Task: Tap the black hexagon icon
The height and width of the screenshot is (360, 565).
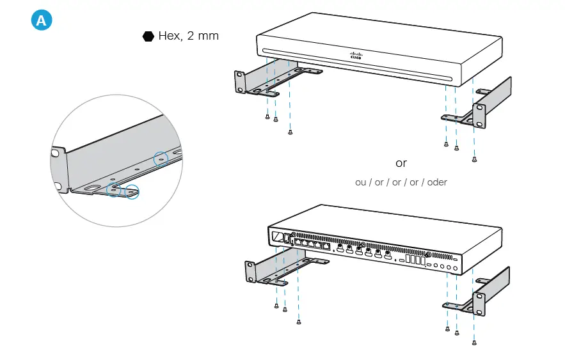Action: (x=148, y=36)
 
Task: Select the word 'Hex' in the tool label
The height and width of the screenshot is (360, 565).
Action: (x=169, y=36)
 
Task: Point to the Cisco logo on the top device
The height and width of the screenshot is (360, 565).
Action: (x=356, y=56)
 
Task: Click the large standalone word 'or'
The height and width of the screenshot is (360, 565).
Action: (x=401, y=163)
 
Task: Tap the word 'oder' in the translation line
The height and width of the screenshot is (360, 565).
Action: (x=437, y=182)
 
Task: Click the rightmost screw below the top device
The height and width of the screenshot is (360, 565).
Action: (x=474, y=159)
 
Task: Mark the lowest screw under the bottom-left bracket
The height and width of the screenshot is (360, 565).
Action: (x=299, y=322)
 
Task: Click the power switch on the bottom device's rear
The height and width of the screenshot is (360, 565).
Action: (x=277, y=237)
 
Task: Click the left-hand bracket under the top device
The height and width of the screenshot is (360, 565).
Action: (x=256, y=82)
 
